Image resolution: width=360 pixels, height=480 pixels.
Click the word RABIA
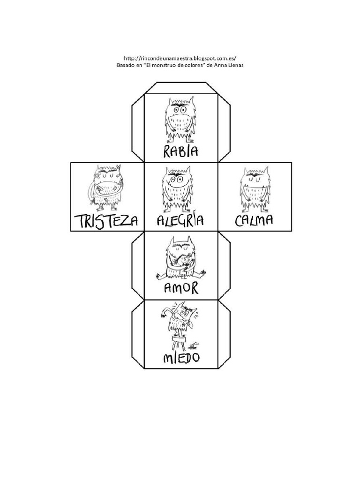point(180,151)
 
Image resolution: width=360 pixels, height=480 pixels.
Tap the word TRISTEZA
point(106,221)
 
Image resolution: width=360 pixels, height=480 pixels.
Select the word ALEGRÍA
point(180,220)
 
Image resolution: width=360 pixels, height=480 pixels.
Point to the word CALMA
point(254,220)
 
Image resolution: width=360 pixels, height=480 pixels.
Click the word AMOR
point(181,288)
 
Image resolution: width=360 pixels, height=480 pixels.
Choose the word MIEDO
point(181,357)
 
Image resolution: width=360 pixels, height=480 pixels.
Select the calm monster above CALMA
point(255,189)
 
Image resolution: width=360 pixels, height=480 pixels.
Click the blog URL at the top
point(180,58)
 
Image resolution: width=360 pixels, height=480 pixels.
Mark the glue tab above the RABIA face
point(180,88)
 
